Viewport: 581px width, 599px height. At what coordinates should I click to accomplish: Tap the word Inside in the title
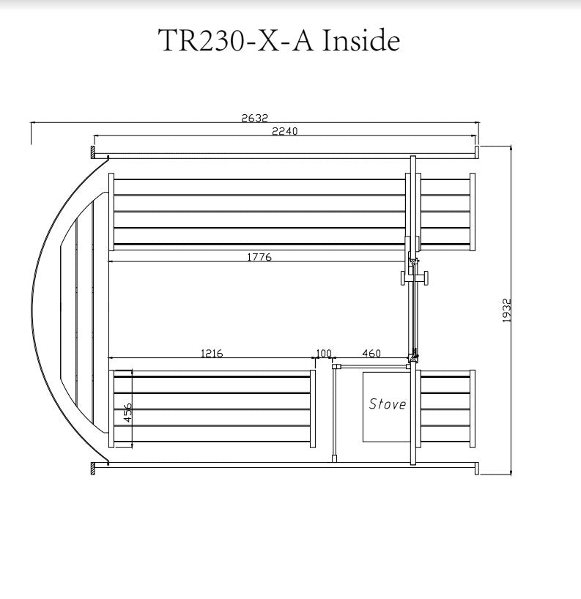point(358,41)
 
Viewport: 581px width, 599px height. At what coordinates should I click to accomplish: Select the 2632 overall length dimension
point(256,118)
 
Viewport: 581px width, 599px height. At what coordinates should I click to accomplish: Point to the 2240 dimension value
point(285,132)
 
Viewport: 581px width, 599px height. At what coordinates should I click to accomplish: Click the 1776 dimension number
point(259,256)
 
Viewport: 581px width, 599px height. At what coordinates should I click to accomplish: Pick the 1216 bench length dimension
point(211,354)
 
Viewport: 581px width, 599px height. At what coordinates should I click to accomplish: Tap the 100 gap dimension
point(323,354)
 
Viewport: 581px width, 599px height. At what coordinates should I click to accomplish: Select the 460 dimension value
point(371,354)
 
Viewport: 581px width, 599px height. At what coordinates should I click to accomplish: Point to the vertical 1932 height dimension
point(506,310)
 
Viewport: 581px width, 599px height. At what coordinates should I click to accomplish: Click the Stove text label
point(387,404)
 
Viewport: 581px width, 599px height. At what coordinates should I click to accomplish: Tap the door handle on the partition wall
point(413,278)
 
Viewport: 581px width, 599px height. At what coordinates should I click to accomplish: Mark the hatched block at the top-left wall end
point(93,153)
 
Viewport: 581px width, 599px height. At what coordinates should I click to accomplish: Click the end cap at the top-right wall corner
point(477,152)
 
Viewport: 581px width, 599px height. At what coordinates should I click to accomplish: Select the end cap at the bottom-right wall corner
point(477,469)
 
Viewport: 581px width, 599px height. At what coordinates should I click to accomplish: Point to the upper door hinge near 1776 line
point(413,261)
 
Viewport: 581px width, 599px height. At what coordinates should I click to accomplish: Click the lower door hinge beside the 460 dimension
point(414,357)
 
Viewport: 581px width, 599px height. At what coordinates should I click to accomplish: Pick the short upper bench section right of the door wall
point(445,212)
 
